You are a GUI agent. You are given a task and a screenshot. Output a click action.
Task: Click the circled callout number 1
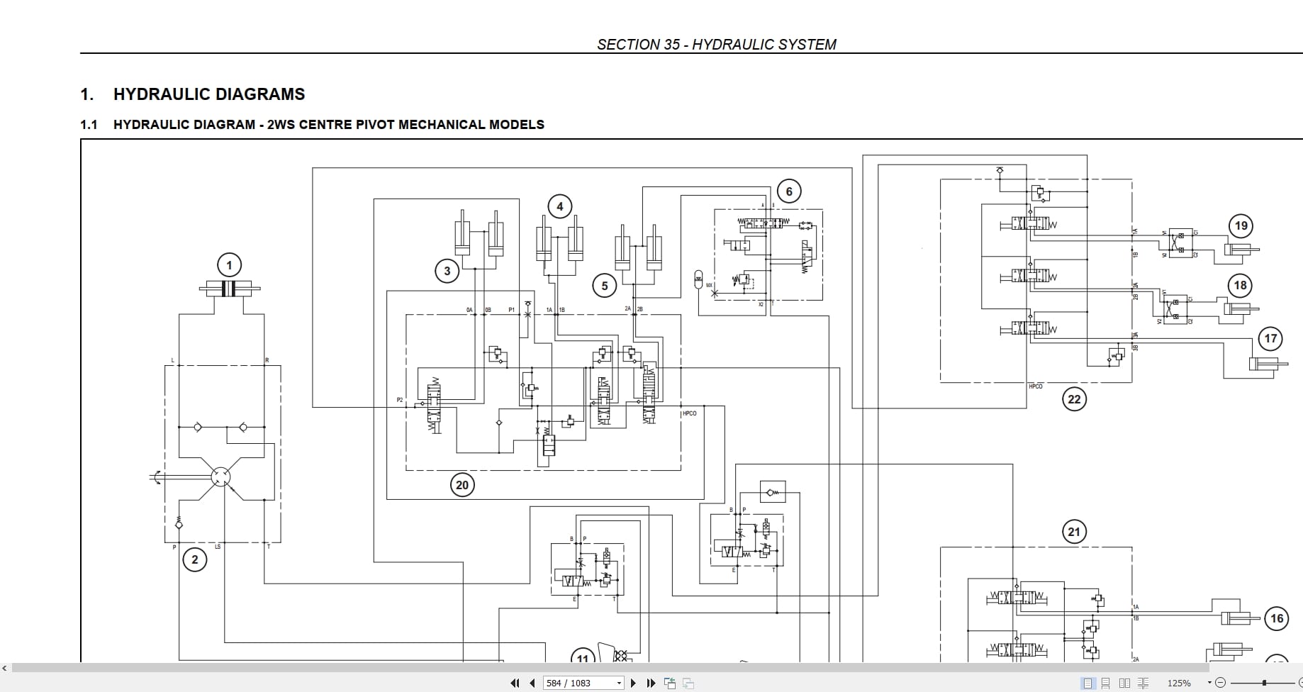click(229, 266)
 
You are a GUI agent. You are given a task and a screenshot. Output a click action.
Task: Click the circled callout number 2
click(195, 559)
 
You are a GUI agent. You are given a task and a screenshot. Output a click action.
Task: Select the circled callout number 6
click(789, 191)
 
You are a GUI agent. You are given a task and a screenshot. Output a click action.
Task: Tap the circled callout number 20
click(462, 485)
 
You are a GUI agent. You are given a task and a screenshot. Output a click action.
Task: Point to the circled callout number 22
click(1074, 399)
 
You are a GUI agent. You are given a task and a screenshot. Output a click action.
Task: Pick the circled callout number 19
click(1241, 226)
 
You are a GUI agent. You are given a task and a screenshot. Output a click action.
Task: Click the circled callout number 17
click(1270, 339)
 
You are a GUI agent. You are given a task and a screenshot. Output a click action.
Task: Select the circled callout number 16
click(1276, 618)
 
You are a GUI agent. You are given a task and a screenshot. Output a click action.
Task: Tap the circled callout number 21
click(1074, 532)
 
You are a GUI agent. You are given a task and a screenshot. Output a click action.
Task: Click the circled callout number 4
click(560, 206)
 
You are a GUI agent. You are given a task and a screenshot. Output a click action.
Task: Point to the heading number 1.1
click(89, 125)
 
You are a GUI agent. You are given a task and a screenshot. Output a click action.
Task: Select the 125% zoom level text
click(1179, 683)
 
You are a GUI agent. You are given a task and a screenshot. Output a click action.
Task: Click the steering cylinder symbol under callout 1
click(229, 289)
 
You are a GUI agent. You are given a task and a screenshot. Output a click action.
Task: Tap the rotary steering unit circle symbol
click(220, 476)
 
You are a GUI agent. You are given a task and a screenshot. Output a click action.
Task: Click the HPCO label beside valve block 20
click(689, 413)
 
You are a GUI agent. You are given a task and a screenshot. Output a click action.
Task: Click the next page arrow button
click(634, 683)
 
